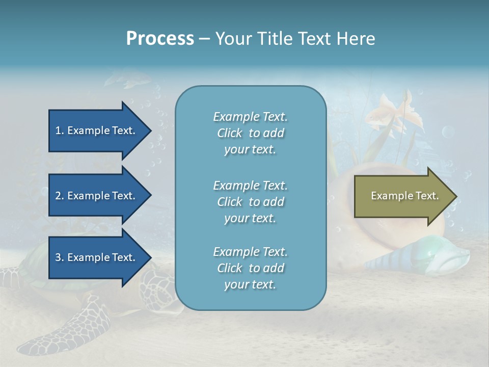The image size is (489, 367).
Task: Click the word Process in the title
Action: (160, 39)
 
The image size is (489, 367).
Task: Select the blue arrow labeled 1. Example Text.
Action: (95, 130)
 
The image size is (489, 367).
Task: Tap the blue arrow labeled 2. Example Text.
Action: (95, 196)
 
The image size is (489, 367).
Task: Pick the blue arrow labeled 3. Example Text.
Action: (95, 257)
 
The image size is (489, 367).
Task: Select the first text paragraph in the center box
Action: (250, 133)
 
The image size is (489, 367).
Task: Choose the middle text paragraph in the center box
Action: (250, 202)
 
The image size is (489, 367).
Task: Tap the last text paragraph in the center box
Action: (250, 268)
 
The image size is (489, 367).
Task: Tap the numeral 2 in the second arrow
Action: (58, 196)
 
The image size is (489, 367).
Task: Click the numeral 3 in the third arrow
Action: (58, 257)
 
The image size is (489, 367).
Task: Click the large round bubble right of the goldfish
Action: (448, 133)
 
